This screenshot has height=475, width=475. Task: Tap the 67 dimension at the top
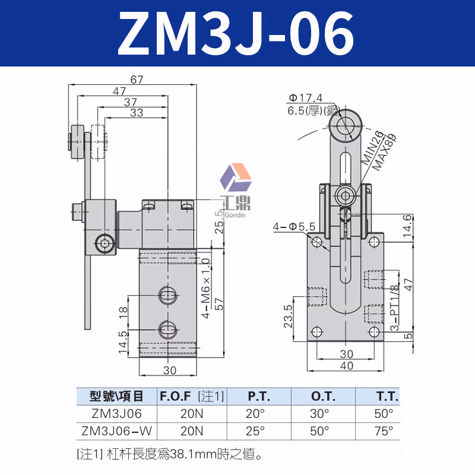click(136, 81)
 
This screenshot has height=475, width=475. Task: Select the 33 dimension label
click(136, 113)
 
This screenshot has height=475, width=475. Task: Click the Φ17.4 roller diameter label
click(305, 98)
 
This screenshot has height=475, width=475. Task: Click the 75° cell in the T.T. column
click(383, 430)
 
